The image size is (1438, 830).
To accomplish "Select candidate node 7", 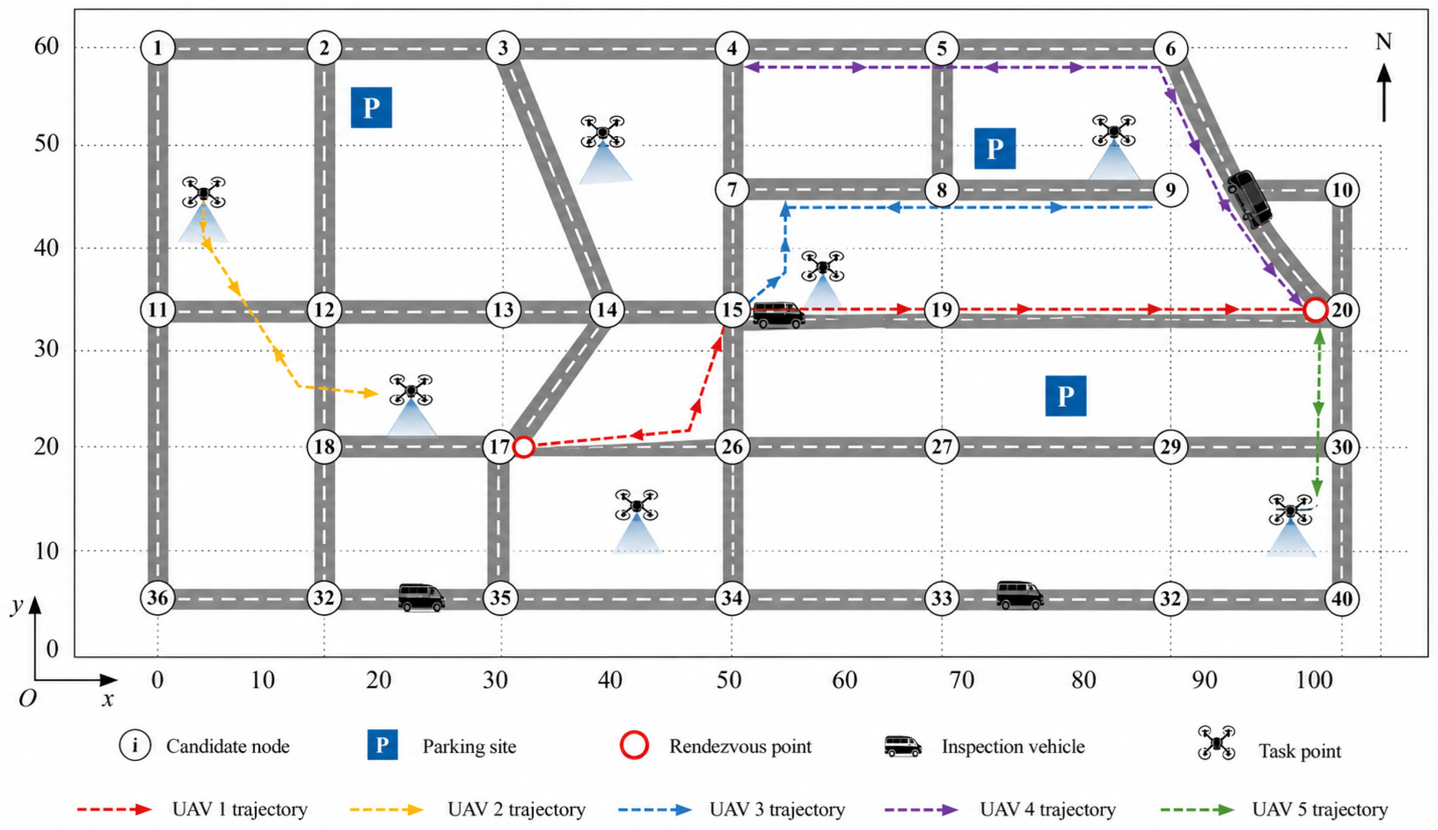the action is click(x=732, y=189).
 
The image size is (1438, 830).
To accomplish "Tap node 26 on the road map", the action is click(x=732, y=446).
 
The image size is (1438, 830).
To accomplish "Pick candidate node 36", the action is click(x=158, y=597).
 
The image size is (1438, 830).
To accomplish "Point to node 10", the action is click(x=1342, y=189).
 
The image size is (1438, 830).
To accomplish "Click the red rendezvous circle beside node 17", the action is click(x=524, y=447).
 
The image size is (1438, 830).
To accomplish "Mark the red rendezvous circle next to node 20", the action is click(x=1316, y=310).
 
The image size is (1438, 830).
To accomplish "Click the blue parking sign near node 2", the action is click(x=371, y=107).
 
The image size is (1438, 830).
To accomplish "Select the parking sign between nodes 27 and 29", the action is click(x=1066, y=396).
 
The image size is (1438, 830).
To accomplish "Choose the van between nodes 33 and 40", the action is click(x=1019, y=595).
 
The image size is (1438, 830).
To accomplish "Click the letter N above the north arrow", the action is click(x=1384, y=42).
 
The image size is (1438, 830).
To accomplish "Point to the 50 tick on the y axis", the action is click(x=47, y=144).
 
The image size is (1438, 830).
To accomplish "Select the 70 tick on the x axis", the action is click(x=962, y=680).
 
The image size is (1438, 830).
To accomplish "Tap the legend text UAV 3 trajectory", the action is click(x=778, y=810).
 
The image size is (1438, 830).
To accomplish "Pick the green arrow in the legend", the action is click(x=1197, y=810).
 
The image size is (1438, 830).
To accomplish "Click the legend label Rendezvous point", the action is click(x=740, y=746).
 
